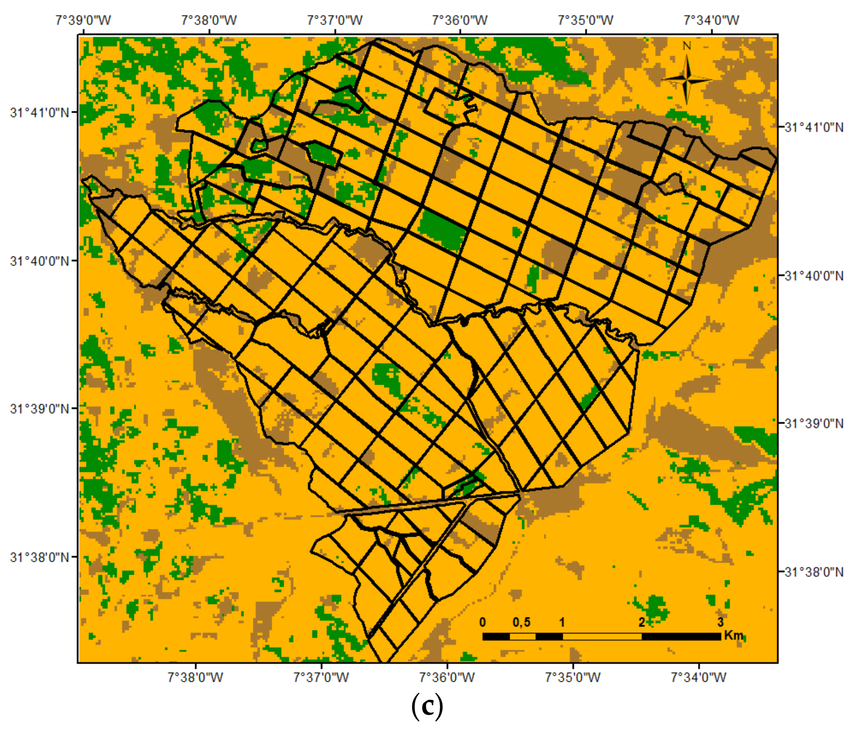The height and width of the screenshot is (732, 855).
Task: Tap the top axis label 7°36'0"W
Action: pos(460,20)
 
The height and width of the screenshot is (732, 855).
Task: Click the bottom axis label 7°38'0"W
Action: pos(195,677)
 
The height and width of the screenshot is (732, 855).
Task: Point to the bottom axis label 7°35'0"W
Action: pos(573,677)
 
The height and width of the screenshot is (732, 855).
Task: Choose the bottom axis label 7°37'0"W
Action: pos(321,677)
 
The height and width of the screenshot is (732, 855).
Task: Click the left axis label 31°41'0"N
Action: pos(40,112)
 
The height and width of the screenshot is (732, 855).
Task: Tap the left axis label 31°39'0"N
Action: pos(40,409)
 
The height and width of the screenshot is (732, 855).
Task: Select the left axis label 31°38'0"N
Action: pos(40,557)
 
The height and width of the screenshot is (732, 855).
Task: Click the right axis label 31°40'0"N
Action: pos(814,275)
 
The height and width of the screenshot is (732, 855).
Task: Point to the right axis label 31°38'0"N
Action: pos(814,572)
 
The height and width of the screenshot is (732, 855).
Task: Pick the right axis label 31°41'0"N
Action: pos(814,127)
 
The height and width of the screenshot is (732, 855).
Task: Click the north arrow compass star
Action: pos(687,80)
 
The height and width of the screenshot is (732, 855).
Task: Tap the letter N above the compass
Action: pos(687,46)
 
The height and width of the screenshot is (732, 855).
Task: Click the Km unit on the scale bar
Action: pos(733,635)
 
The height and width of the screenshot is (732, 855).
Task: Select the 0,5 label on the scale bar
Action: pos(522,622)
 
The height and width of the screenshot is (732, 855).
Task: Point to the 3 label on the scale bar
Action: pos(720,622)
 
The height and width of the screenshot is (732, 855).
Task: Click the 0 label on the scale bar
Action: pos(483,622)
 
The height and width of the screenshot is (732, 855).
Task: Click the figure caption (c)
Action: pos(427,707)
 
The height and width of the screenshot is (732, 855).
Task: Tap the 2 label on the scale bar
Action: pos(642,622)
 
